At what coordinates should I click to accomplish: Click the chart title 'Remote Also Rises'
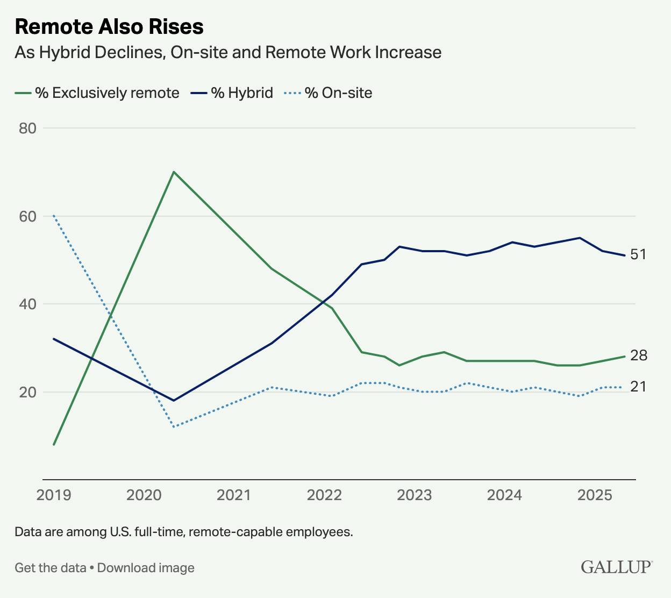pyautogui.click(x=109, y=26)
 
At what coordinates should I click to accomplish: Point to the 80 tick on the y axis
pyautogui.click(x=28, y=128)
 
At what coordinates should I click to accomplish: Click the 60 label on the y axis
pyautogui.click(x=28, y=216)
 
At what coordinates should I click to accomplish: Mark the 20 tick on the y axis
pyautogui.click(x=28, y=392)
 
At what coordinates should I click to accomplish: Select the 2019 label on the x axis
pyautogui.click(x=54, y=495)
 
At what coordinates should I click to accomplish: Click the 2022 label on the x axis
pyautogui.click(x=324, y=495)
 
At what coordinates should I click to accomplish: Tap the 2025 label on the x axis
pyautogui.click(x=595, y=495)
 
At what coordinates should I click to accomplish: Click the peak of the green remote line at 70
pyautogui.click(x=174, y=172)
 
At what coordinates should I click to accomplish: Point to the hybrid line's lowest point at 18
pyautogui.click(x=174, y=401)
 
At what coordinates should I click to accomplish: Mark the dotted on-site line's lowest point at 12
pyautogui.click(x=174, y=427)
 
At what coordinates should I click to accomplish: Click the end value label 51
pyautogui.click(x=638, y=254)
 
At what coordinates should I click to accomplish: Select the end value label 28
pyautogui.click(x=638, y=355)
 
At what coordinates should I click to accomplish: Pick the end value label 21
pyautogui.click(x=638, y=387)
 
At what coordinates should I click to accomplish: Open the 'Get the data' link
pyautogui.click(x=51, y=568)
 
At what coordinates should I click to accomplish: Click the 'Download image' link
pyautogui.click(x=146, y=568)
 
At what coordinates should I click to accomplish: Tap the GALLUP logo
pyautogui.click(x=616, y=567)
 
